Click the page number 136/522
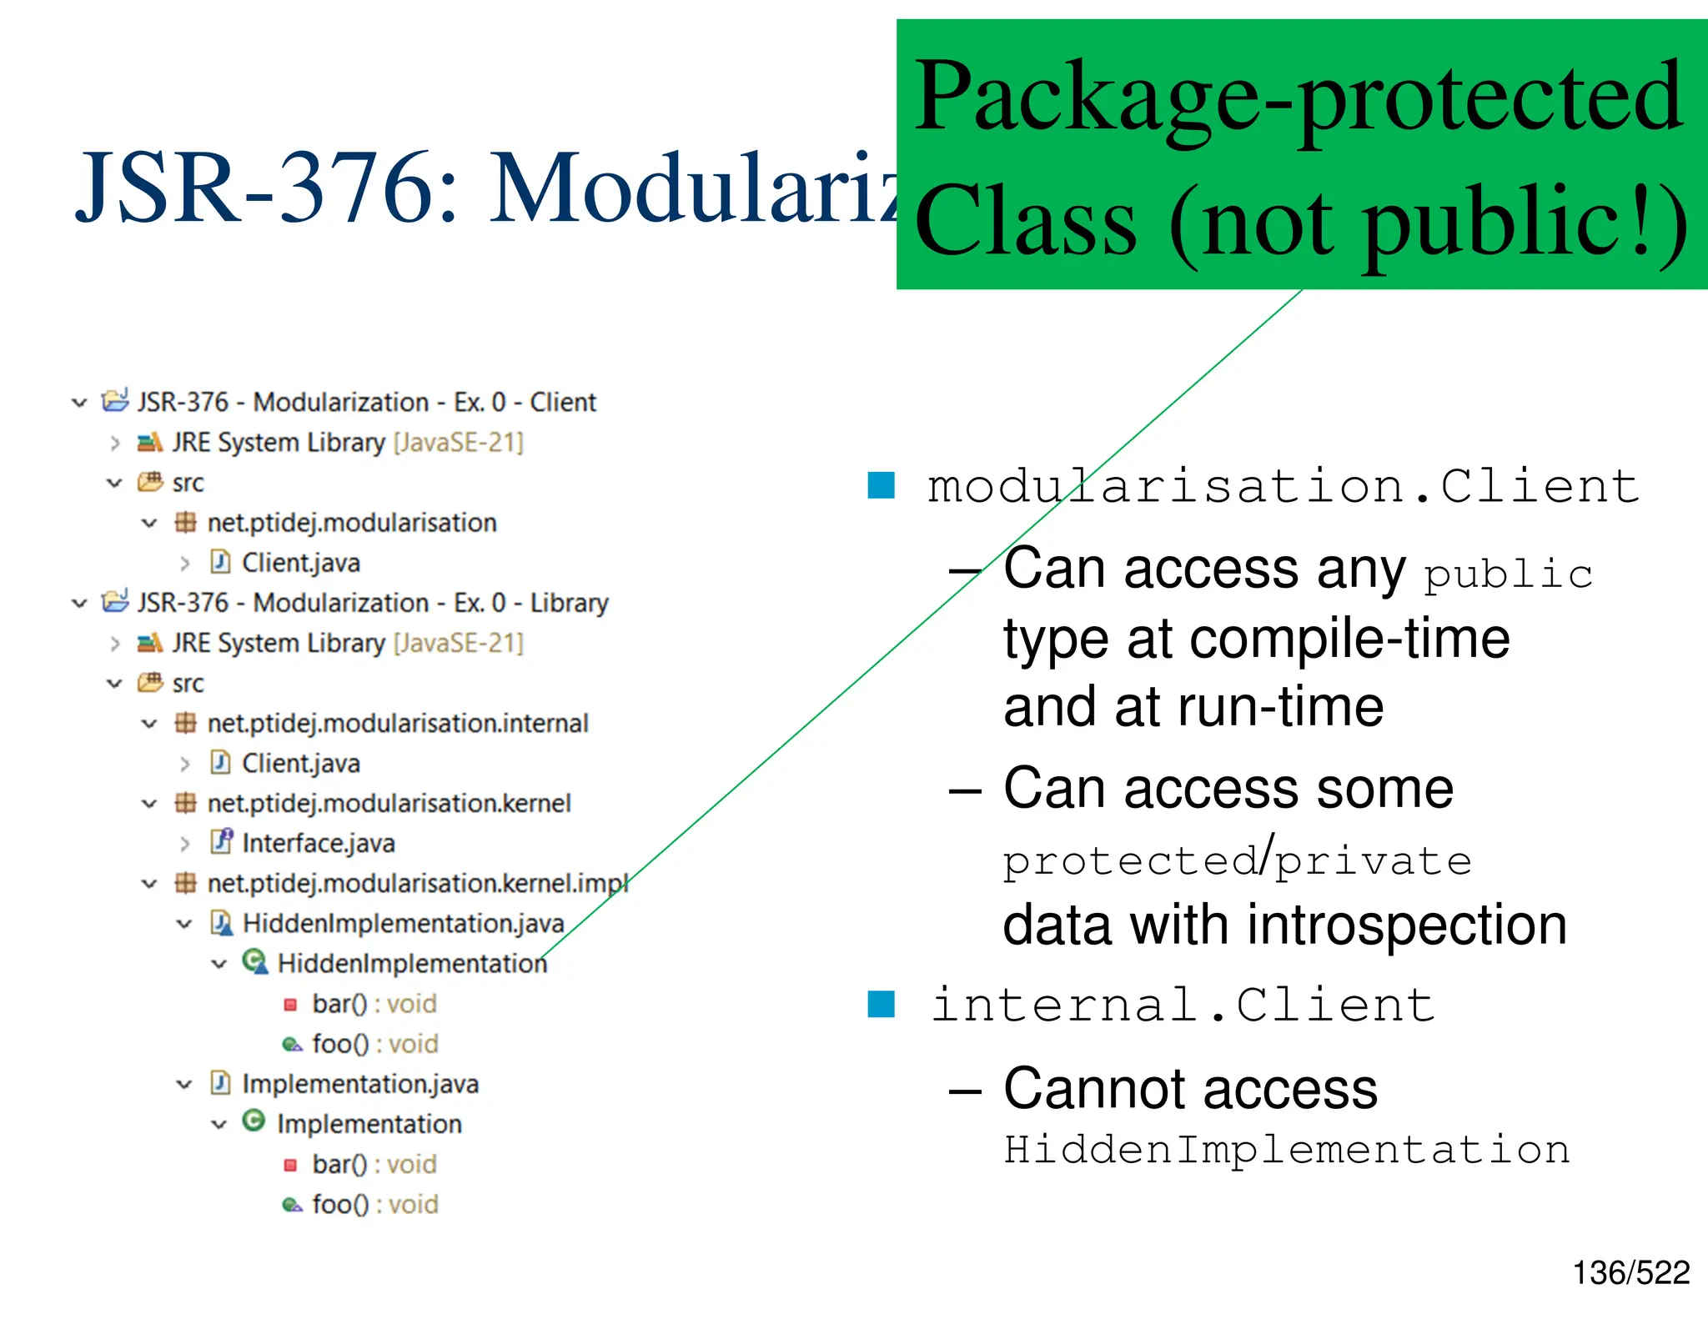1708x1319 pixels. pyautogui.click(x=1630, y=1273)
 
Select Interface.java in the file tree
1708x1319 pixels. pyautogui.click(x=318, y=843)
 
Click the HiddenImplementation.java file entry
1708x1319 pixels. pyautogui.click(x=403, y=923)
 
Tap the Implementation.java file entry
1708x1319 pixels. pyautogui.click(x=359, y=1083)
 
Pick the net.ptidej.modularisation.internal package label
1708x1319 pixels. pyautogui.click(x=397, y=723)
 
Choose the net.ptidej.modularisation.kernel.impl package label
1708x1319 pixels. pyautogui.click(x=417, y=883)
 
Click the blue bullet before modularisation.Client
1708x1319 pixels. pyautogui.click(x=881, y=485)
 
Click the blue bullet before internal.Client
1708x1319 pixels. pyautogui.click(x=881, y=1004)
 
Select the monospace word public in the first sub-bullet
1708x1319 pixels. pyautogui.click(x=1508, y=575)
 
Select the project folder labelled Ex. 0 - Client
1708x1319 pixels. pyautogui.click(x=366, y=402)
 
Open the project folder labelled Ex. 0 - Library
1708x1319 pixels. pyautogui.click(x=372, y=602)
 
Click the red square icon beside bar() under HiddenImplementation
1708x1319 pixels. pyautogui.click(x=290, y=1005)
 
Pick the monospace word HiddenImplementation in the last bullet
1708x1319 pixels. pyautogui.click(x=1287, y=1150)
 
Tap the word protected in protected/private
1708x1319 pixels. pyautogui.click(x=1131, y=861)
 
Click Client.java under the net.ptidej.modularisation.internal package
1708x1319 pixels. pyautogui.click(x=300, y=763)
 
